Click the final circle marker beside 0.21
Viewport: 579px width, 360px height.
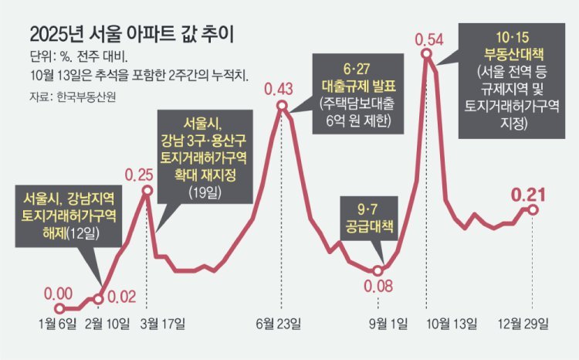click(532, 209)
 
